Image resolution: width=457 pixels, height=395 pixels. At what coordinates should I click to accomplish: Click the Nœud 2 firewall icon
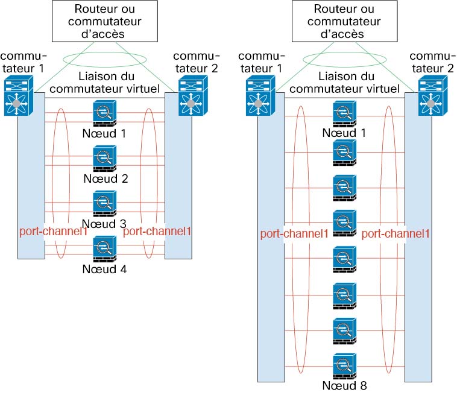pos(105,160)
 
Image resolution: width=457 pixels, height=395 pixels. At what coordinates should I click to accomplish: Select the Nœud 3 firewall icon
pos(105,204)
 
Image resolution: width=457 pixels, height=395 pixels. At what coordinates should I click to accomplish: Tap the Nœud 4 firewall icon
pos(105,249)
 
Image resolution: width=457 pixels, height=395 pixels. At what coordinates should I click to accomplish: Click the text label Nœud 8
pos(344,385)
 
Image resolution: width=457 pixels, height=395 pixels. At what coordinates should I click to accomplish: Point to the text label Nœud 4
pos(105,269)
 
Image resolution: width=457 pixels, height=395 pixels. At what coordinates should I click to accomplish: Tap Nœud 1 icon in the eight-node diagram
pos(344,113)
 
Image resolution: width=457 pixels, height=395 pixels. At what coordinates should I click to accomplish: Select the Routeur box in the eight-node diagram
pos(343,21)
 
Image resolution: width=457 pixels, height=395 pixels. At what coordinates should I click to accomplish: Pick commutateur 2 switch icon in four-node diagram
pos(191,96)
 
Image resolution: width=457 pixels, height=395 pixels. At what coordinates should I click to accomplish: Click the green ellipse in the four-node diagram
pos(104,58)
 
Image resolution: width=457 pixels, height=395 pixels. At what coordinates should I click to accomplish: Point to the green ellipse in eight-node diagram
pos(343,58)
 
